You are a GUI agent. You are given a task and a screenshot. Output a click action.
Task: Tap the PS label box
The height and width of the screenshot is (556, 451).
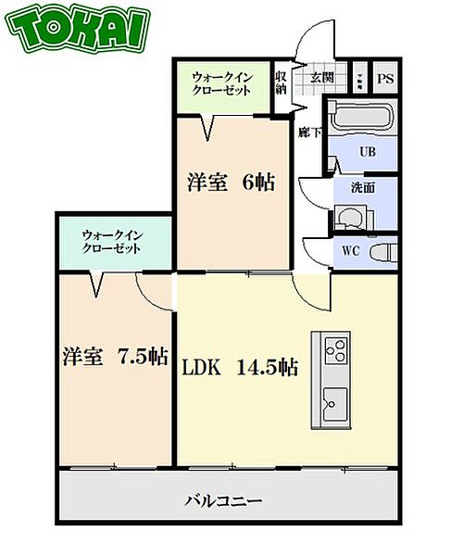click(385, 78)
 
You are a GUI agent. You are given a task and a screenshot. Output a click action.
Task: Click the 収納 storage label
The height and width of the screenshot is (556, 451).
click(281, 83)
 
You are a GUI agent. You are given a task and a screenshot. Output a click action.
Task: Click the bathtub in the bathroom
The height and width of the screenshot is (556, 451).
click(363, 119)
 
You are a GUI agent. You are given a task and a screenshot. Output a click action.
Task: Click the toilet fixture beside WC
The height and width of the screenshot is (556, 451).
click(382, 251)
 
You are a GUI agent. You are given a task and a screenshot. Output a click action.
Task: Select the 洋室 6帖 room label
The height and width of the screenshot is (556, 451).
click(231, 183)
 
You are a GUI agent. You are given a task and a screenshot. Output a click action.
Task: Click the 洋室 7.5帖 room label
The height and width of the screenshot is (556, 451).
click(115, 357)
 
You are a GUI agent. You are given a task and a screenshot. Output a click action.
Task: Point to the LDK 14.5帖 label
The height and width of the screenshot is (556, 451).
click(240, 368)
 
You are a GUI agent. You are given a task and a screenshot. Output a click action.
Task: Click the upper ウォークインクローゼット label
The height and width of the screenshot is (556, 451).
click(222, 82)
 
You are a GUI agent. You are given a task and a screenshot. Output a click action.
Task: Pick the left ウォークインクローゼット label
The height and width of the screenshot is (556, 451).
click(111, 242)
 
